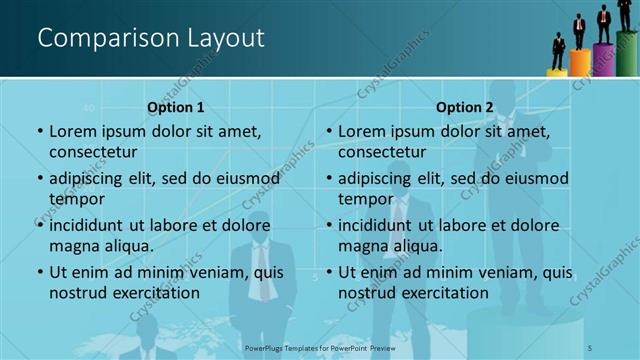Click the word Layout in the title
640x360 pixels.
tap(224, 39)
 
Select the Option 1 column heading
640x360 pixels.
tap(176, 107)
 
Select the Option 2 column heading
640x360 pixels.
tap(465, 107)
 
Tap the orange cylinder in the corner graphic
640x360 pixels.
tap(580, 63)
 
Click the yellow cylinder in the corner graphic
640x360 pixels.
tap(557, 71)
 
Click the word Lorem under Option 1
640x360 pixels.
tap(73, 131)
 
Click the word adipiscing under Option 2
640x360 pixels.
tap(378, 178)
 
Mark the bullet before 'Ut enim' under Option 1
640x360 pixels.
tap(39, 272)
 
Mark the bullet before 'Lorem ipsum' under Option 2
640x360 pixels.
tap(328, 131)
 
